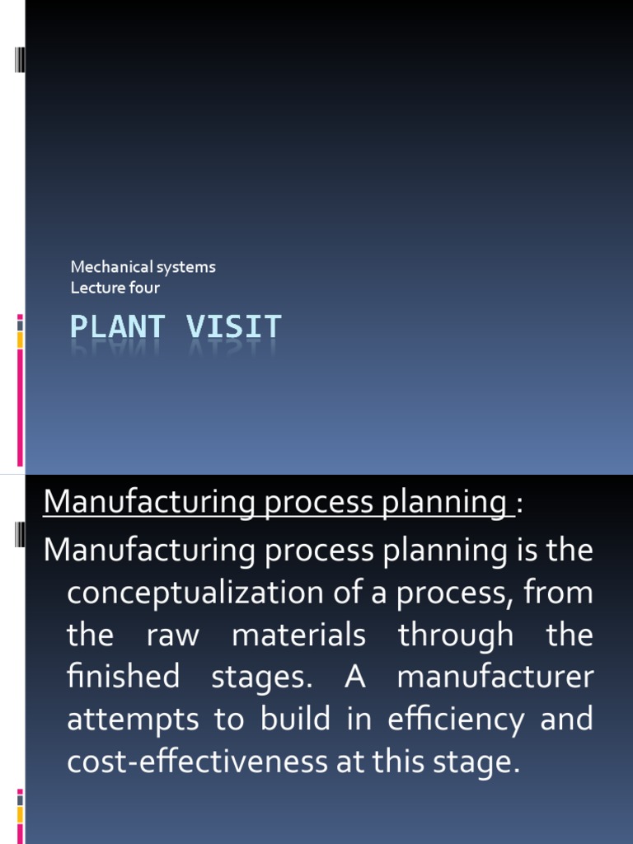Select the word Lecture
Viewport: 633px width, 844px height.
point(92,288)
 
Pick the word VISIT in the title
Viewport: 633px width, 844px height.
point(233,327)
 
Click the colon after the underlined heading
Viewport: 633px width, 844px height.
point(520,502)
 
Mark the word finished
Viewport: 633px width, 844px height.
point(122,678)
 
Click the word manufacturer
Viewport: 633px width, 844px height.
point(495,678)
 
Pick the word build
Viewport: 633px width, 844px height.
point(290,720)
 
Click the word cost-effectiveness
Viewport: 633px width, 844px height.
point(197,762)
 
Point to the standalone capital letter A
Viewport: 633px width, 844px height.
point(354,678)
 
